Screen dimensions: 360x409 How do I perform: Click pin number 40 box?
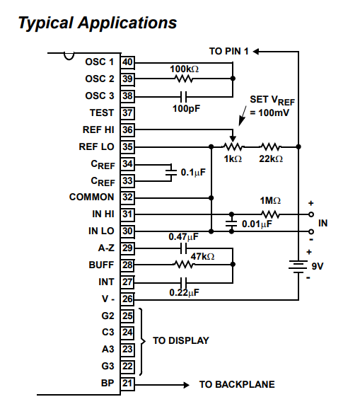(127, 62)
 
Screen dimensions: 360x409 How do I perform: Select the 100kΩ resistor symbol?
(183, 79)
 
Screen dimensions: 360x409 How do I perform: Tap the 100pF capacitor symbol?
(183, 97)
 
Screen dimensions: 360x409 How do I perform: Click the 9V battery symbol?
(298, 267)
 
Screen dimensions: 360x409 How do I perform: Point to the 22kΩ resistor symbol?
(271, 147)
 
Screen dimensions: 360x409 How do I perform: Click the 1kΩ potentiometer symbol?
(233, 145)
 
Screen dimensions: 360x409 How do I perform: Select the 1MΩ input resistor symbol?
(271, 214)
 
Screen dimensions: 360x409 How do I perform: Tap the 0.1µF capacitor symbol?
(171, 173)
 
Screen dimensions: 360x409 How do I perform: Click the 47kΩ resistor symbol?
(184, 265)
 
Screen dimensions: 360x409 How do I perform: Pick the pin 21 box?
(127, 384)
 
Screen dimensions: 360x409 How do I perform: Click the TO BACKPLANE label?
(237, 384)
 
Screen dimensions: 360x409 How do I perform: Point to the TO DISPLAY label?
(181, 340)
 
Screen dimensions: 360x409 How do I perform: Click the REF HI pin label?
(98, 129)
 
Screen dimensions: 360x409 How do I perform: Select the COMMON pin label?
(91, 197)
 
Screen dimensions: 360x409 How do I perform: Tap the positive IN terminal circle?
(311, 214)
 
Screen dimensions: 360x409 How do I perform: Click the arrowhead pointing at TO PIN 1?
(256, 52)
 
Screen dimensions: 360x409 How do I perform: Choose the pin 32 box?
(127, 197)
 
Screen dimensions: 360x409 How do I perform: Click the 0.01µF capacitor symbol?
(231, 223)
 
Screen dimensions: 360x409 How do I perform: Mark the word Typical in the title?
(45, 23)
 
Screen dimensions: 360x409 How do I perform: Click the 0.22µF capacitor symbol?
(183, 282)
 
